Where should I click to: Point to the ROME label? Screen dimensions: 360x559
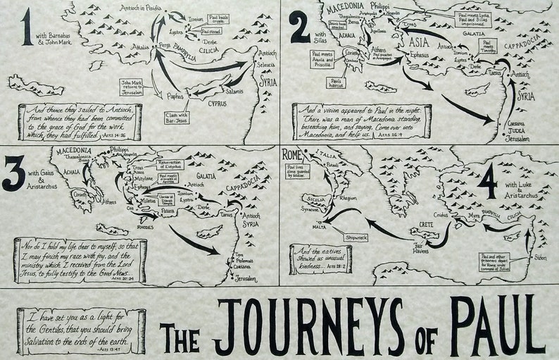pos(293,154)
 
